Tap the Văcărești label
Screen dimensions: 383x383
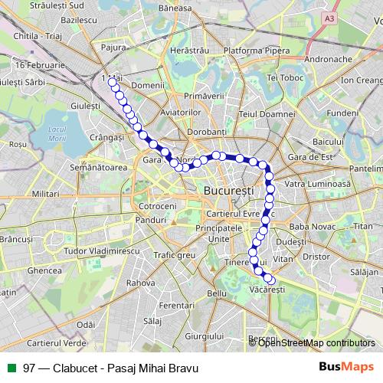(x=267, y=290)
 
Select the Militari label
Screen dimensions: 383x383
(x=45, y=195)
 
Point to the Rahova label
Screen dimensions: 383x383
(x=141, y=283)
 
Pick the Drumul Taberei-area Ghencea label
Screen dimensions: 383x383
(x=44, y=270)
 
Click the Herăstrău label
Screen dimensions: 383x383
(x=191, y=49)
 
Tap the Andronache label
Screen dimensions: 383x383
(x=328, y=59)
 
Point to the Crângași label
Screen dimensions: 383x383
(x=106, y=137)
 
